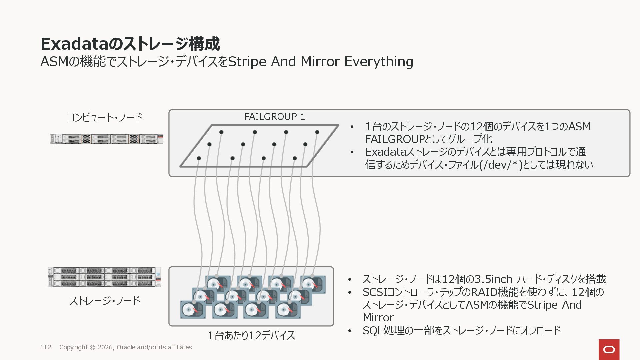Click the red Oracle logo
(x=609, y=349)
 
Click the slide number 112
(x=46, y=347)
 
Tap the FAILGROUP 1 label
(x=274, y=117)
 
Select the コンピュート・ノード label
(x=105, y=117)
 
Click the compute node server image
(x=107, y=139)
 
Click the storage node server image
(x=104, y=277)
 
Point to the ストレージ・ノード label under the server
(x=105, y=301)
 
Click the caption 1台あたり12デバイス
(x=251, y=335)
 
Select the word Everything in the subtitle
(x=379, y=62)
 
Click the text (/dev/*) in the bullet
(x=501, y=165)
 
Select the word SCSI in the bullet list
(x=374, y=292)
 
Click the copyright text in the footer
(x=125, y=347)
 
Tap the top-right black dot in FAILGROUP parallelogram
(x=317, y=132)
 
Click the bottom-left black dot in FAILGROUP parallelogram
(x=199, y=158)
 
